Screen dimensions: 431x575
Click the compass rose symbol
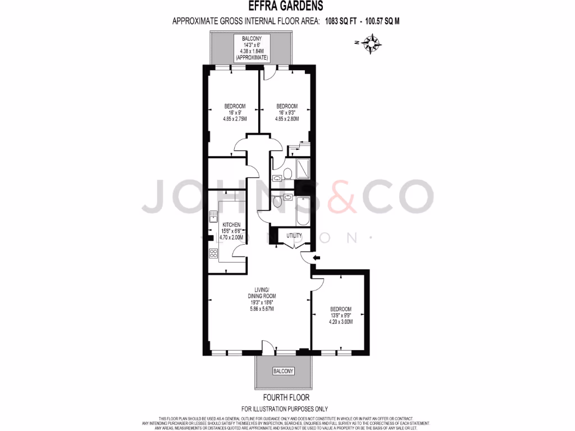click(x=372, y=43)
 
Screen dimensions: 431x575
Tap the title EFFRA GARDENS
click(x=286, y=7)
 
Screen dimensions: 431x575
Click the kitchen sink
click(x=213, y=216)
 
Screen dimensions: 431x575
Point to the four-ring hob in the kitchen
click(x=213, y=253)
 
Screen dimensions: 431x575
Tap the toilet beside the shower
click(x=287, y=173)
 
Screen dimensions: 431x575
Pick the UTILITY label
click(x=294, y=235)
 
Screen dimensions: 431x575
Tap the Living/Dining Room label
click(x=262, y=292)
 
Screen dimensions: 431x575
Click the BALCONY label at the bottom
click(x=283, y=372)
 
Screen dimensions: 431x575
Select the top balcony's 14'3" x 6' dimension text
click(x=252, y=45)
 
